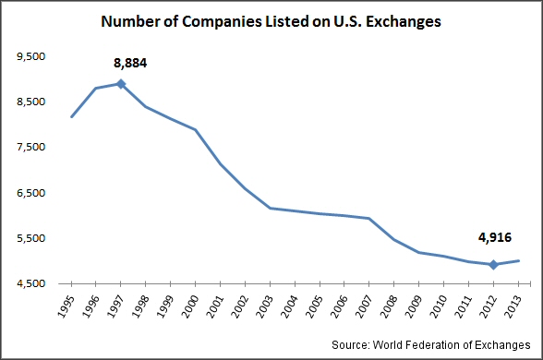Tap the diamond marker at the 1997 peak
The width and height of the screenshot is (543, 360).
(x=121, y=84)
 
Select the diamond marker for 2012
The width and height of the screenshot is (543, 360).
(x=493, y=265)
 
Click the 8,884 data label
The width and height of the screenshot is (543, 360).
(x=130, y=64)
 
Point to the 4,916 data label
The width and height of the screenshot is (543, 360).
(x=495, y=237)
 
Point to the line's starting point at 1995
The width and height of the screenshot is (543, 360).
(x=71, y=116)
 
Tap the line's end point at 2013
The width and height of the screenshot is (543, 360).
(x=518, y=260)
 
